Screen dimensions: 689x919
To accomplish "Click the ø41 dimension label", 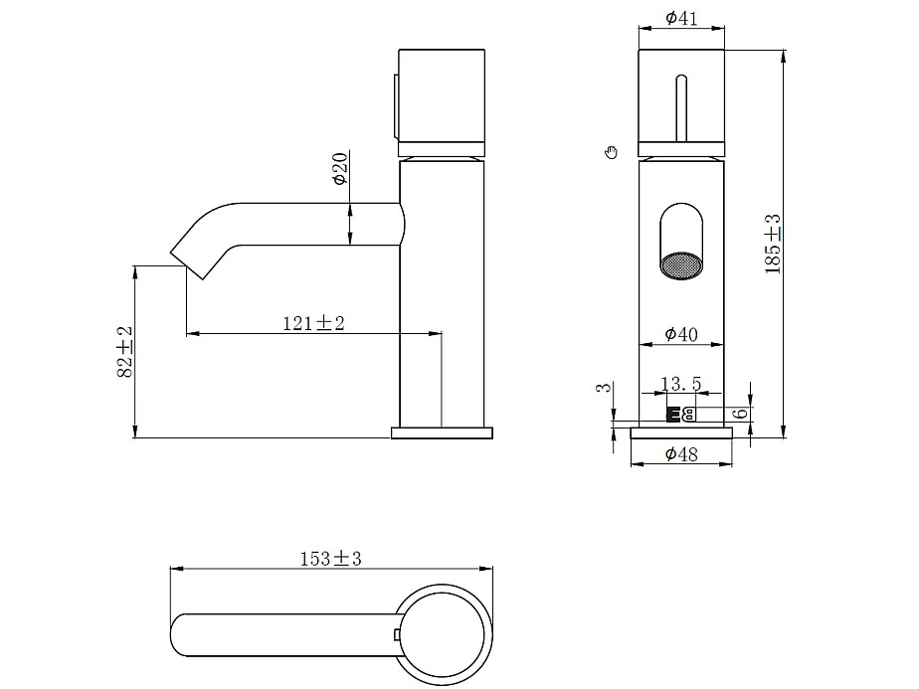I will click(681, 18).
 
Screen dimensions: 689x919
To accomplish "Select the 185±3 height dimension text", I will click(773, 244).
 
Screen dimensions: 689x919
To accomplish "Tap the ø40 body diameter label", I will click(681, 334).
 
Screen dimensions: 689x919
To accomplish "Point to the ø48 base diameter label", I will click(681, 454).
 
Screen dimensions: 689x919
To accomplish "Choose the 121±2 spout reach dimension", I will click(314, 323).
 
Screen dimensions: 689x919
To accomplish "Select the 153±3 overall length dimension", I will click(331, 559).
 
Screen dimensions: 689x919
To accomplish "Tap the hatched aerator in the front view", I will click(681, 266).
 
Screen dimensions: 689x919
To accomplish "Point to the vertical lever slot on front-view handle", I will click(681, 107).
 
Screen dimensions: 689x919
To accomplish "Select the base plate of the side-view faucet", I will click(442, 432).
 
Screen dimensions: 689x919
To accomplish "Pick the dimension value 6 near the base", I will click(741, 413).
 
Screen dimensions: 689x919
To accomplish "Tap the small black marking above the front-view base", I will click(680, 415).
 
